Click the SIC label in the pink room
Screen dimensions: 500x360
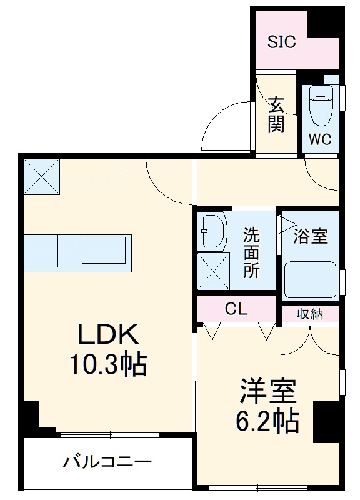(282, 42)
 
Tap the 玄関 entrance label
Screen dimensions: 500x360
(277, 114)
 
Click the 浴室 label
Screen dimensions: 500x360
(311, 237)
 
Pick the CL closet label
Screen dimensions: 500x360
(237, 309)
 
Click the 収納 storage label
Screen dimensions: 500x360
(309, 314)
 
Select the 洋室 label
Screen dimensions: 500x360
(266, 392)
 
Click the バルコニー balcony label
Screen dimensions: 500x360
(107, 462)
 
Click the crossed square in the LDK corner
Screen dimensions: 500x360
(41, 177)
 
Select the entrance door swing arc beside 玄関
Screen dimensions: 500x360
(225, 125)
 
